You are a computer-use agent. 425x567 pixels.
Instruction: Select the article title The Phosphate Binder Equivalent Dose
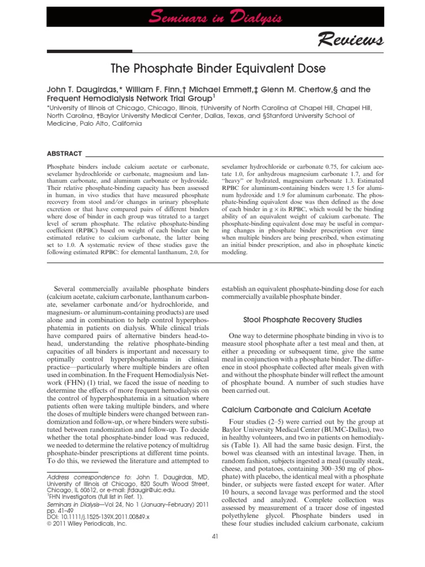(212, 70)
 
